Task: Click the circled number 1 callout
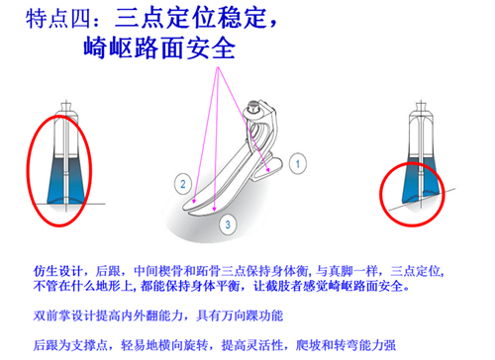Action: [x=298, y=163]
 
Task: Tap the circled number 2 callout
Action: [x=183, y=184]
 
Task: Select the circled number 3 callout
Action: [x=228, y=225]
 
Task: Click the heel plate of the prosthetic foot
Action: [x=268, y=168]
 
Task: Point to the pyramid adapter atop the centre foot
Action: [x=254, y=108]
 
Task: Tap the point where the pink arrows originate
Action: [x=218, y=68]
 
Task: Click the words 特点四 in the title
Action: [x=58, y=19]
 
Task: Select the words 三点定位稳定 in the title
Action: [x=190, y=18]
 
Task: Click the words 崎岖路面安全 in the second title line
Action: [x=159, y=48]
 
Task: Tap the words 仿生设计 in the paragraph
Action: [x=57, y=271]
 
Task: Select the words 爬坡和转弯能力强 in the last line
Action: [x=346, y=345]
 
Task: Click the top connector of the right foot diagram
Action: [x=421, y=107]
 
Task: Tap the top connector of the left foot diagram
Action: [x=66, y=107]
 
